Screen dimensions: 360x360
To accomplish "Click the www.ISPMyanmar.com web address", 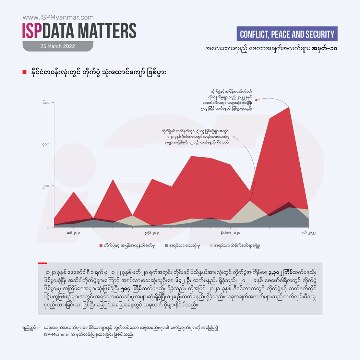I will point(58,18).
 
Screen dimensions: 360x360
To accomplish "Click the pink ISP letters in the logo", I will point(32,31).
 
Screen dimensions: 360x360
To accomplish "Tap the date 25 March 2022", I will point(58,46).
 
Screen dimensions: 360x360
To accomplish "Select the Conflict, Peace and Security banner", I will point(287,34).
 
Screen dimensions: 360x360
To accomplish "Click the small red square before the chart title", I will point(24,72).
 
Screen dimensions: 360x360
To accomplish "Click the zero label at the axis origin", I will point(48,227).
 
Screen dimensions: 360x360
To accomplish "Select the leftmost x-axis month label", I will point(74,233).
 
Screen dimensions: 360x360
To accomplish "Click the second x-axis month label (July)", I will point(152,233).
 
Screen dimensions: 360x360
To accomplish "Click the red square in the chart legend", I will point(101,246).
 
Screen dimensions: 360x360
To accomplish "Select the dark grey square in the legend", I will point(166,246).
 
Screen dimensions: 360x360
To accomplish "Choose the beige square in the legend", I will point(211,246).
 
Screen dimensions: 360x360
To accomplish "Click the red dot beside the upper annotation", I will point(256,100).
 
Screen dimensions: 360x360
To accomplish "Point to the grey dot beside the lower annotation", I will point(234,137).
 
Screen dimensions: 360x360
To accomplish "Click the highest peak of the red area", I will point(289,107).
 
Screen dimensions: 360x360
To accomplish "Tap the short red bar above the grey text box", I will point(42,263).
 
